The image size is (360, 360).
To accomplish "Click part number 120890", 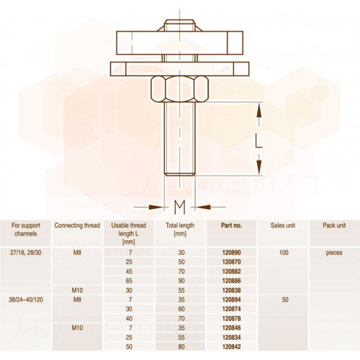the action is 231,253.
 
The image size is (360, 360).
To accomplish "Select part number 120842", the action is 231,347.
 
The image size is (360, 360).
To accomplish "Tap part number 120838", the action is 231,290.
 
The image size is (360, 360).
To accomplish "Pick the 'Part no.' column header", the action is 231,225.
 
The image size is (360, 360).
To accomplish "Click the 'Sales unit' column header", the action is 283,225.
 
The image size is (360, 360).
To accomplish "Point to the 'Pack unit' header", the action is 334,225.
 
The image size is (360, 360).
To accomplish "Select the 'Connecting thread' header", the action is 77,225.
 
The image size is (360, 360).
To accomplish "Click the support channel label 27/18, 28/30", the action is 26,253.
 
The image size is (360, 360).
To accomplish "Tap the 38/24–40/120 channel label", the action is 26,300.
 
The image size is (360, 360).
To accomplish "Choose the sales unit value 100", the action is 284,253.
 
